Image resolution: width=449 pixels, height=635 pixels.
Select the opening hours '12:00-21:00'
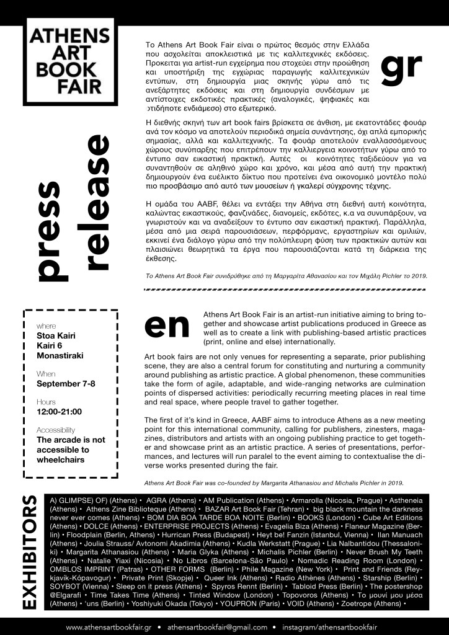[x=60, y=411]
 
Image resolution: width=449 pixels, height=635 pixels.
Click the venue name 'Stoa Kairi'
[x=56, y=335]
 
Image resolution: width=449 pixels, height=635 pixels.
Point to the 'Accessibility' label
[x=56, y=430]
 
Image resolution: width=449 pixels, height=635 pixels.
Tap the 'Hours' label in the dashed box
[x=47, y=402]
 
